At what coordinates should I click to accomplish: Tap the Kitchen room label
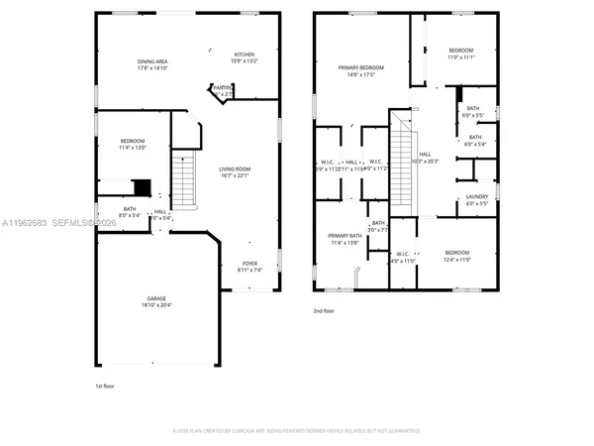click(x=244, y=57)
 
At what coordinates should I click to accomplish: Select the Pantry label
click(x=222, y=90)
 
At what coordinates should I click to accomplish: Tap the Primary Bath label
click(x=346, y=239)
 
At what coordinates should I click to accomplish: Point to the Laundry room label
click(x=476, y=200)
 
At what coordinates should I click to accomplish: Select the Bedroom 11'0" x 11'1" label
click(x=461, y=54)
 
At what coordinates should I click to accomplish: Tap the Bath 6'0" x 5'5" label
click(x=474, y=112)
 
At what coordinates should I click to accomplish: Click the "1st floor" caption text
click(x=105, y=386)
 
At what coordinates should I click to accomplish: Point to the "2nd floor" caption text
click(x=325, y=310)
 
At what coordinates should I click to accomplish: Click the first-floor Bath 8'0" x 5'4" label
click(x=130, y=212)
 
